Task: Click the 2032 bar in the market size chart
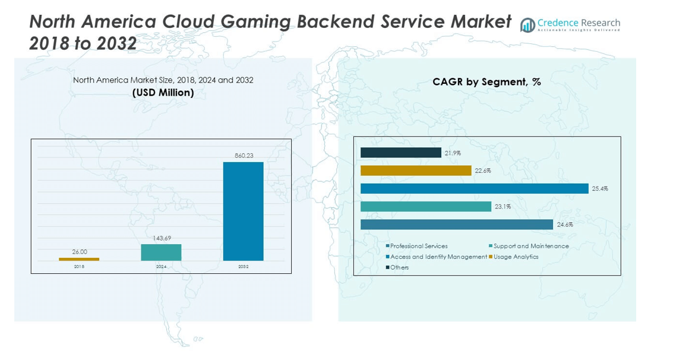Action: (x=243, y=211)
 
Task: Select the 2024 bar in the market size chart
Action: (x=161, y=252)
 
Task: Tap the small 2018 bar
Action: (x=79, y=259)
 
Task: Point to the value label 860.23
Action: (x=243, y=156)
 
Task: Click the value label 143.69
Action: (x=161, y=238)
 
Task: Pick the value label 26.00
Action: (x=79, y=252)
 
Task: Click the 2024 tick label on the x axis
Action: (x=161, y=267)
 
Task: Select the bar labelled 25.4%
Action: (x=474, y=188)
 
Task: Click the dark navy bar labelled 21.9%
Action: (x=400, y=153)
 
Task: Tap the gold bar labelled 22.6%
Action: (x=416, y=171)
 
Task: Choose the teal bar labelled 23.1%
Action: (x=425, y=206)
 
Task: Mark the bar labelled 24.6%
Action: (x=456, y=224)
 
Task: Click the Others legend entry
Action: (x=399, y=267)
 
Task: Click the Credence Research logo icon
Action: (x=527, y=25)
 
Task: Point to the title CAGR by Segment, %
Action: (x=486, y=82)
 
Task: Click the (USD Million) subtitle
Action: (x=163, y=93)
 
